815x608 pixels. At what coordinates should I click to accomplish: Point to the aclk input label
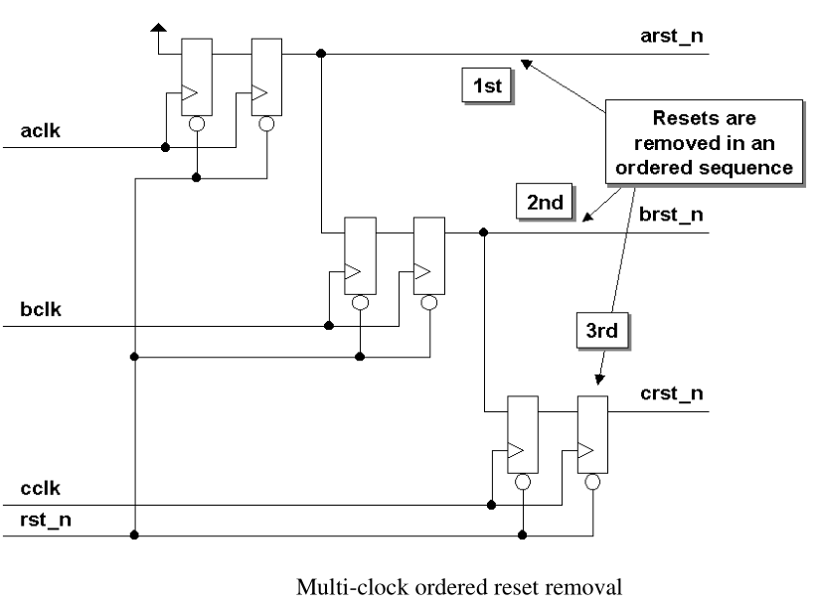tap(42, 131)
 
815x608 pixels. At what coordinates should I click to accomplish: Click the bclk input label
tap(42, 309)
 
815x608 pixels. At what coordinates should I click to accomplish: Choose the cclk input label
tap(41, 489)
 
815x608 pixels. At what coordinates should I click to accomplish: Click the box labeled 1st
tap(487, 85)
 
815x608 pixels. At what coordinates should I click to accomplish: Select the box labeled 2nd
tap(545, 203)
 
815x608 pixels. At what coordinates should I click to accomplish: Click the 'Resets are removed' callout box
tap(704, 139)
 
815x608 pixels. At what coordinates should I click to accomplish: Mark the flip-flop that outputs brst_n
tap(429, 255)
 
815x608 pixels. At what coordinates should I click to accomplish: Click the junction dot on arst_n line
tap(321, 54)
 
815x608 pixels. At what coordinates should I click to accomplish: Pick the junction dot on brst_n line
tap(484, 232)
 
